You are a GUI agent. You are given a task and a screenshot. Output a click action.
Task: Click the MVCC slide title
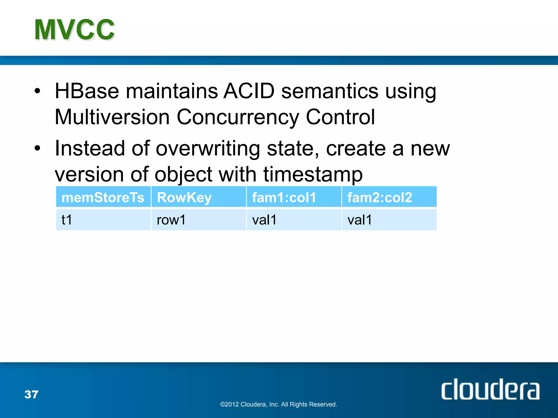(74, 30)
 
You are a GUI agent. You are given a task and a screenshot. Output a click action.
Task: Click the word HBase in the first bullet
(87, 91)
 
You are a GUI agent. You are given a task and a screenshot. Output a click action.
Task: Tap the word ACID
(249, 91)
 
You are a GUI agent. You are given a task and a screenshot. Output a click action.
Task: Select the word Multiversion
(112, 117)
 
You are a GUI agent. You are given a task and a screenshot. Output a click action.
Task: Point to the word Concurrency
(238, 117)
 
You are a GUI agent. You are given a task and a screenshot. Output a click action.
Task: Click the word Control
(340, 117)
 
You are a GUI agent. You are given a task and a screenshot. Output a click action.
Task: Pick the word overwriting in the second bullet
(208, 149)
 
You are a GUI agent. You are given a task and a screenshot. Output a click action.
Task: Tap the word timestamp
(313, 174)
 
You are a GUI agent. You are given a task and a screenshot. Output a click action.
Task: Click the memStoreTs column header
(103, 197)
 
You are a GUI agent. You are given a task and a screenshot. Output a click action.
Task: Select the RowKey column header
(184, 197)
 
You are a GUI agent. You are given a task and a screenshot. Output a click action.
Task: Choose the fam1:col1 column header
(284, 197)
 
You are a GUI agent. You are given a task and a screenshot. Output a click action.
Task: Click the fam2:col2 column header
(380, 197)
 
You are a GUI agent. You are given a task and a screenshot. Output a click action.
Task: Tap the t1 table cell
(67, 220)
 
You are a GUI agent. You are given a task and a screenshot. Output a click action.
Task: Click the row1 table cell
(171, 220)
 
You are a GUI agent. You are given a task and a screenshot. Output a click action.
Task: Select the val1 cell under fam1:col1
(264, 220)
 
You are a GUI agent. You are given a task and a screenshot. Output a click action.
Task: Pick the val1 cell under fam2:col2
(360, 220)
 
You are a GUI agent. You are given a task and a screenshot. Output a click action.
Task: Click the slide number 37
(31, 394)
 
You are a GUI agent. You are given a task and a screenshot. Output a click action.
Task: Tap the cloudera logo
(490, 389)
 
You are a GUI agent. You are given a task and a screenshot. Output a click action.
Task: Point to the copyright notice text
(278, 404)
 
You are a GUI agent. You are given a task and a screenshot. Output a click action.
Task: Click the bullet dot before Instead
(37, 149)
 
